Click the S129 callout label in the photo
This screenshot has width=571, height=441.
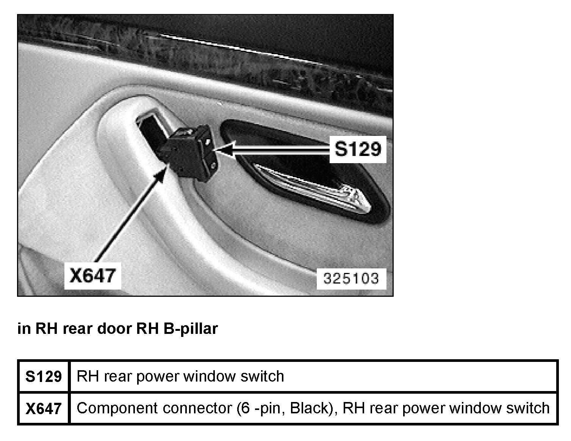coord(358,149)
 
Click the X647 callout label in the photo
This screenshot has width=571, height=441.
coord(92,275)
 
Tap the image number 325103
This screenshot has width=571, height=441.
coord(351,279)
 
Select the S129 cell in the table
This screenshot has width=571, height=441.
coord(44,377)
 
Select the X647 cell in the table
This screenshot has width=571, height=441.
coord(44,408)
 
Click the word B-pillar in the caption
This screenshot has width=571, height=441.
coord(191,329)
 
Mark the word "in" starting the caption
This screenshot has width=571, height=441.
coord(23,329)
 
